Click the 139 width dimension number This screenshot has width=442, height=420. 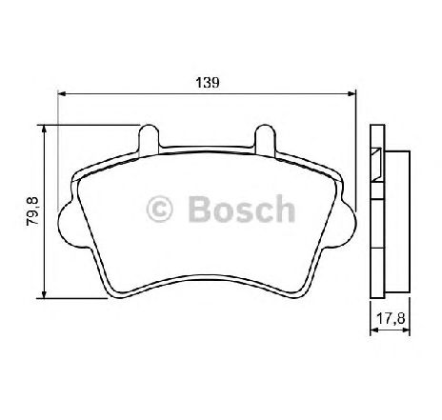[x=208, y=83]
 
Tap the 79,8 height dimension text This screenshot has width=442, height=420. [x=32, y=211]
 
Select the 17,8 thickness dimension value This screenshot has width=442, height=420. [x=391, y=318]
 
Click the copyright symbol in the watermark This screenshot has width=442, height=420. [x=159, y=210]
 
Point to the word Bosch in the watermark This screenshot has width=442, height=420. [x=242, y=209]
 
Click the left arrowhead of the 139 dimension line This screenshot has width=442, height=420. [x=62, y=93]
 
